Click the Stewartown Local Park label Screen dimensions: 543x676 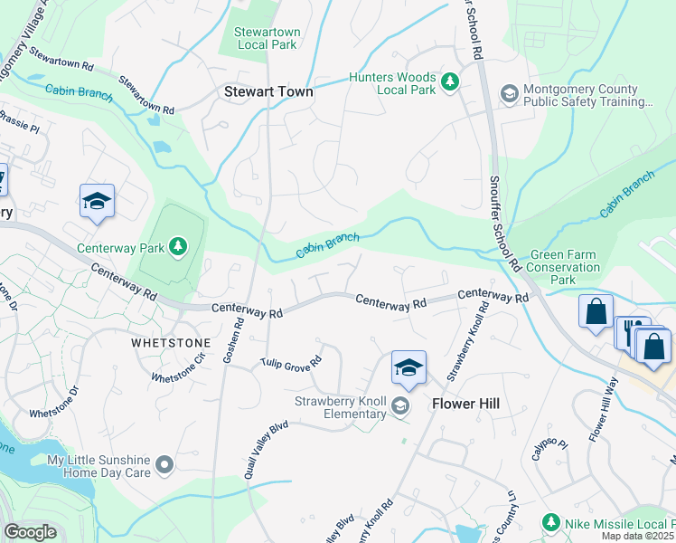(268, 38)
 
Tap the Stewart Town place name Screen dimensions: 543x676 (268, 91)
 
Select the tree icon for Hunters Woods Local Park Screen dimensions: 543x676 (450, 84)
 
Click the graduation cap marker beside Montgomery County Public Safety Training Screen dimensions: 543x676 (509, 93)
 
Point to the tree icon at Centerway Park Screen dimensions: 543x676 (178, 246)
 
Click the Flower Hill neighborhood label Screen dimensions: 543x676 (465, 404)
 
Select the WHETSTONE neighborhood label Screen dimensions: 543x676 (170, 344)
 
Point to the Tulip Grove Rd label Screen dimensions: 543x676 (291, 363)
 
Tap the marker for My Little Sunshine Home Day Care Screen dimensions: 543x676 (164, 465)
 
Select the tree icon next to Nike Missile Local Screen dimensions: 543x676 (549, 522)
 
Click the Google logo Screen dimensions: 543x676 (31, 532)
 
